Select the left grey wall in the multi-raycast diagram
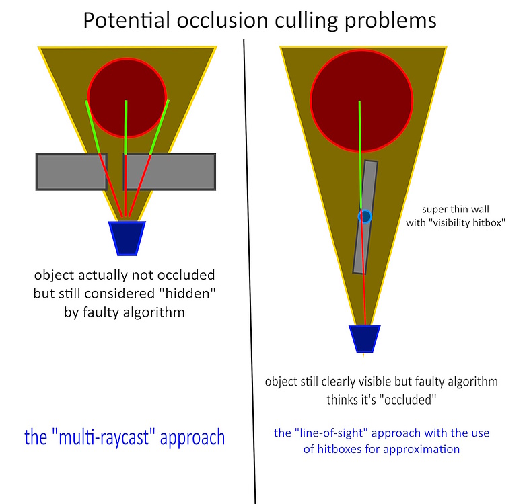point(67,171)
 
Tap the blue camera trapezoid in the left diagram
point(127,238)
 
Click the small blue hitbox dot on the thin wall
point(365,217)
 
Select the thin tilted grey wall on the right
point(363,249)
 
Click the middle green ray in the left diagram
point(126,128)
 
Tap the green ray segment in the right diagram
point(360,148)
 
